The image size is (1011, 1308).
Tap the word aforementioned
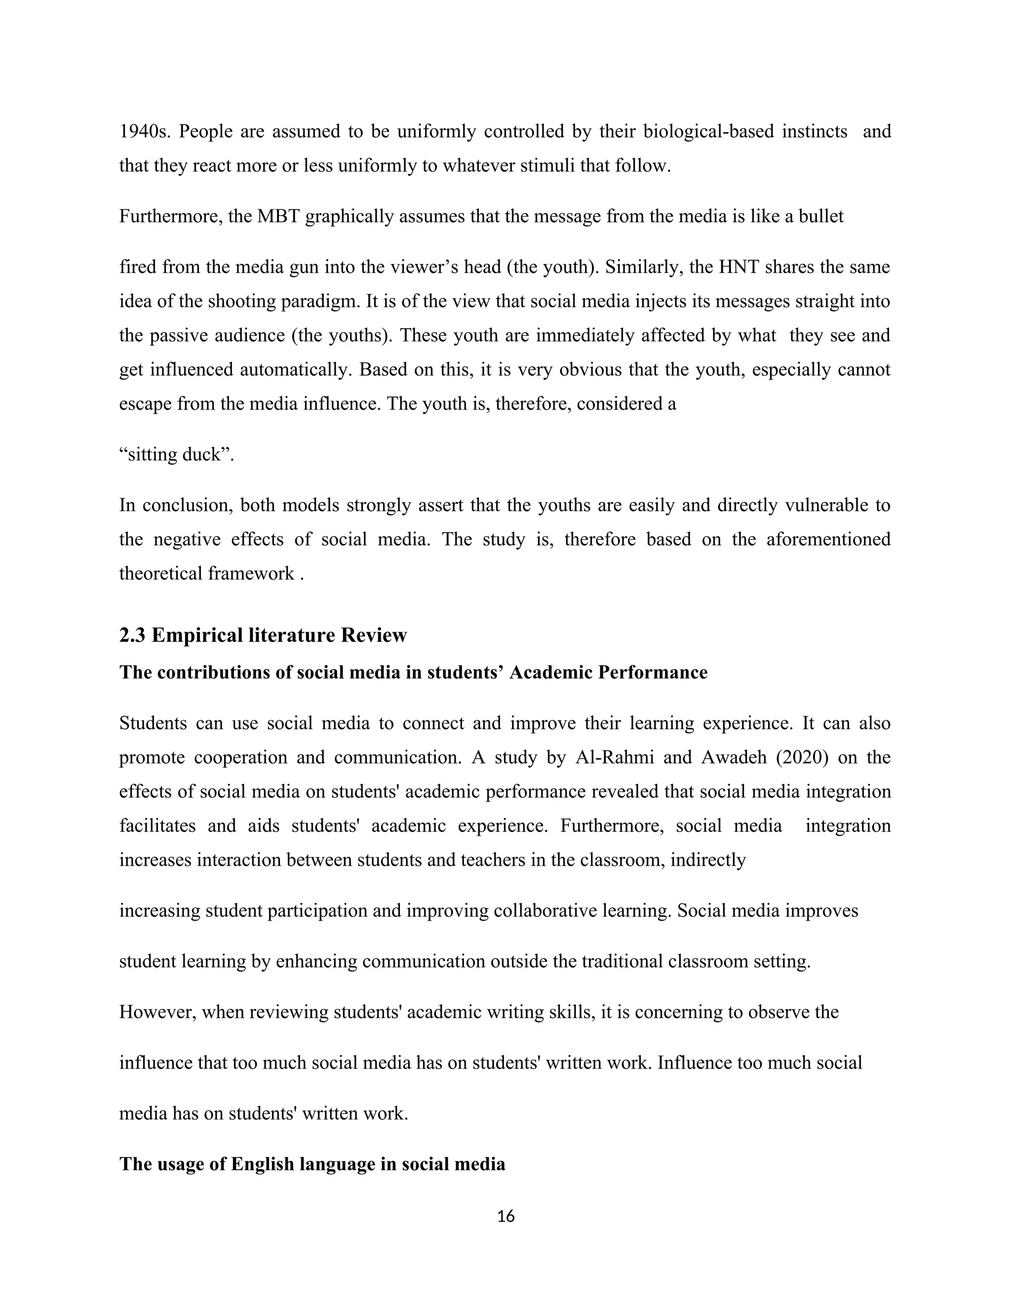click(828, 539)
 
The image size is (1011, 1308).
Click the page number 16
click(506, 1216)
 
